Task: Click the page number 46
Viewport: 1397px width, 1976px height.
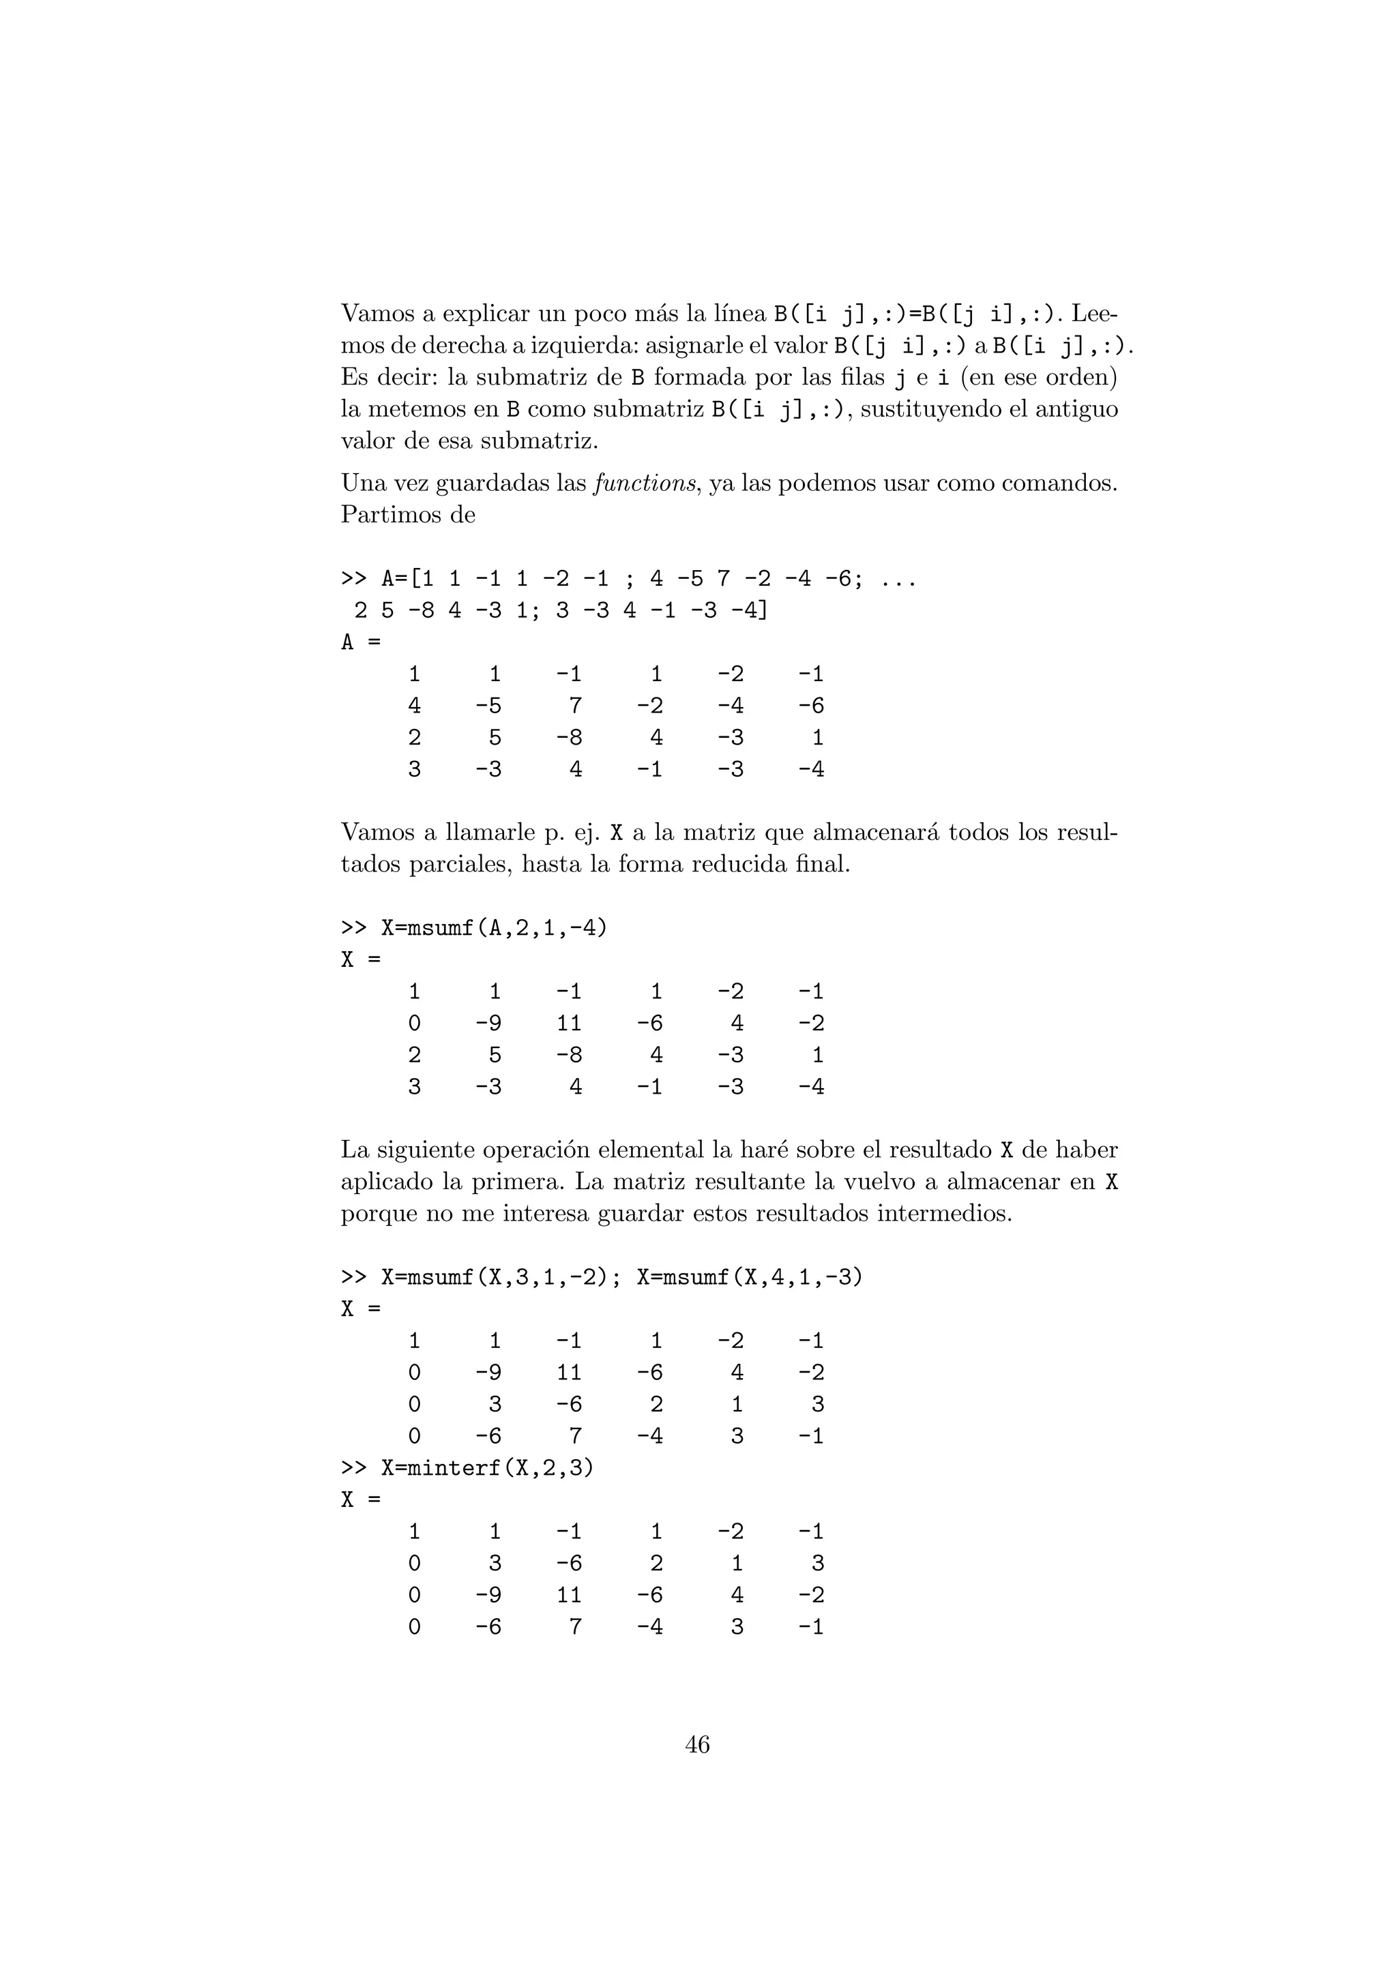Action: click(x=697, y=1744)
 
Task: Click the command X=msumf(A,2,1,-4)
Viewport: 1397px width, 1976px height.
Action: click(x=493, y=928)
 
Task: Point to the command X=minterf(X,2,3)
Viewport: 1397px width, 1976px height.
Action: click(x=487, y=1467)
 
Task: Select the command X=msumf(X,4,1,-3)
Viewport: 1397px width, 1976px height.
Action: click(x=749, y=1277)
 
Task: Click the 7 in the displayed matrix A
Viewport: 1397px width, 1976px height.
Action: click(x=575, y=706)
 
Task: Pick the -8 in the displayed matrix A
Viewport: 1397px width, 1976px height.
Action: click(x=568, y=738)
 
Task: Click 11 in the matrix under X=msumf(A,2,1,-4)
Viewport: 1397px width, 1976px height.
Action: click(x=568, y=1023)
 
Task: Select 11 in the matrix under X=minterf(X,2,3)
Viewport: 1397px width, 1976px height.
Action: click(x=568, y=1595)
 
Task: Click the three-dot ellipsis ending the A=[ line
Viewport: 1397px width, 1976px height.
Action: click(x=898, y=579)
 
